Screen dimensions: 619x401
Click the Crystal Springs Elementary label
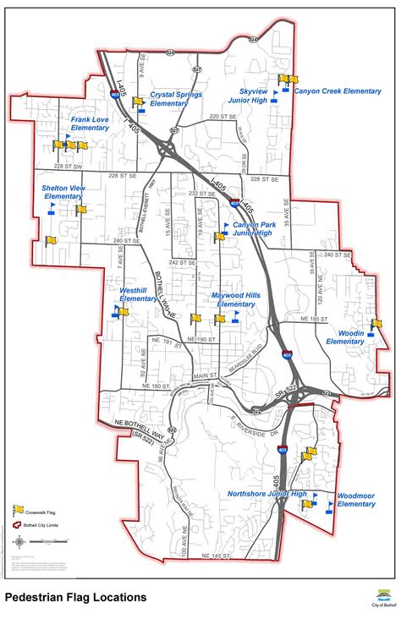click(x=175, y=100)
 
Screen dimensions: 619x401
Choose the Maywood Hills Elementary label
click(x=235, y=299)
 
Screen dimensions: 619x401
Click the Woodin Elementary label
click(x=345, y=337)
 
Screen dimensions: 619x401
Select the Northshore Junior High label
click(x=266, y=493)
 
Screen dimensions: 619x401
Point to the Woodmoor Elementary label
click(x=355, y=499)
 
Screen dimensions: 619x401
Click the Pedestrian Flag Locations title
click(x=75, y=597)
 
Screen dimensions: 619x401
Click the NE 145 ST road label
click(x=216, y=556)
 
